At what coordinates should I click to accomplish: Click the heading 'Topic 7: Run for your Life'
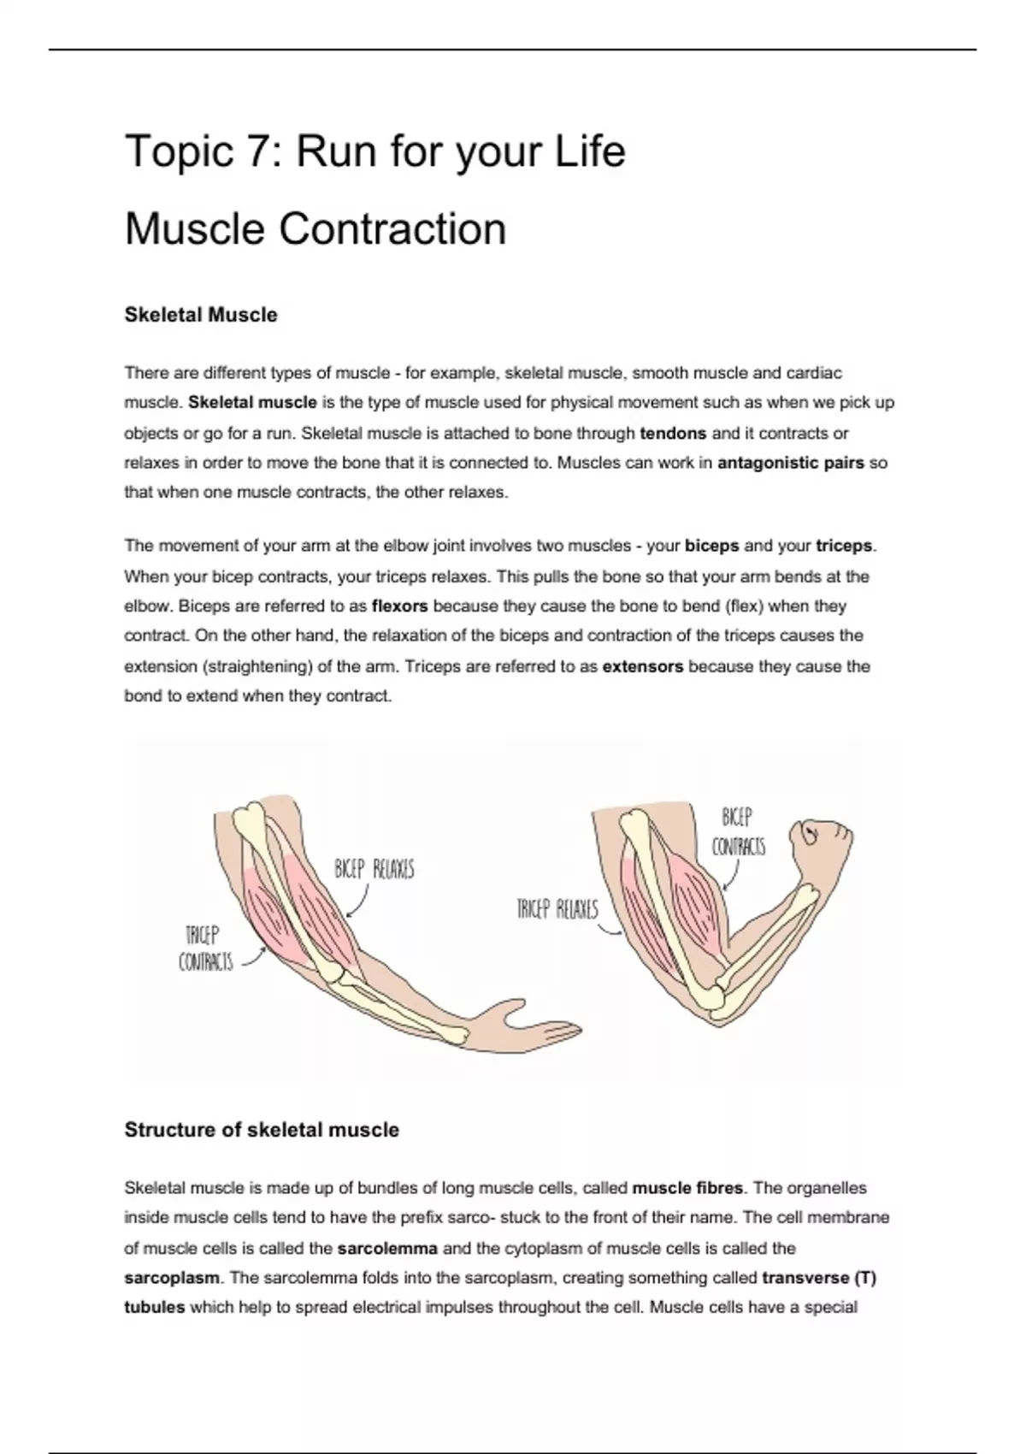click(374, 152)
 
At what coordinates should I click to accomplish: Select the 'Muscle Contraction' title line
click(315, 229)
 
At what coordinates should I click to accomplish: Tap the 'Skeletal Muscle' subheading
click(201, 315)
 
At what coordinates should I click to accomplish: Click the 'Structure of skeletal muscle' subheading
click(262, 1130)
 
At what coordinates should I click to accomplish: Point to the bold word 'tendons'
click(673, 433)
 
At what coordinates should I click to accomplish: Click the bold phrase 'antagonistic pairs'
click(791, 463)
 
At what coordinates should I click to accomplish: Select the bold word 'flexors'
click(400, 606)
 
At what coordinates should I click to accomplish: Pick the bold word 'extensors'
click(643, 666)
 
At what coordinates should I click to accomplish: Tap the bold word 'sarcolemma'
click(387, 1248)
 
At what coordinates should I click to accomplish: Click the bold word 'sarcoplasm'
click(172, 1278)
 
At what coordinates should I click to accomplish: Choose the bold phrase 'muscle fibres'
click(687, 1188)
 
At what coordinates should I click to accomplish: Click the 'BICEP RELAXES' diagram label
click(374, 870)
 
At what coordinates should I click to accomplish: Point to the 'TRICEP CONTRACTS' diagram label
click(205, 949)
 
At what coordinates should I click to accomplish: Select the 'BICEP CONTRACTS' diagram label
click(738, 831)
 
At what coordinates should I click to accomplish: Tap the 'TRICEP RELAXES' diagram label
click(557, 908)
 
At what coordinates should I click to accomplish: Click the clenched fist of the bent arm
click(821, 842)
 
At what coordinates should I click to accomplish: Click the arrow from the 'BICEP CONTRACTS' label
click(732, 876)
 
